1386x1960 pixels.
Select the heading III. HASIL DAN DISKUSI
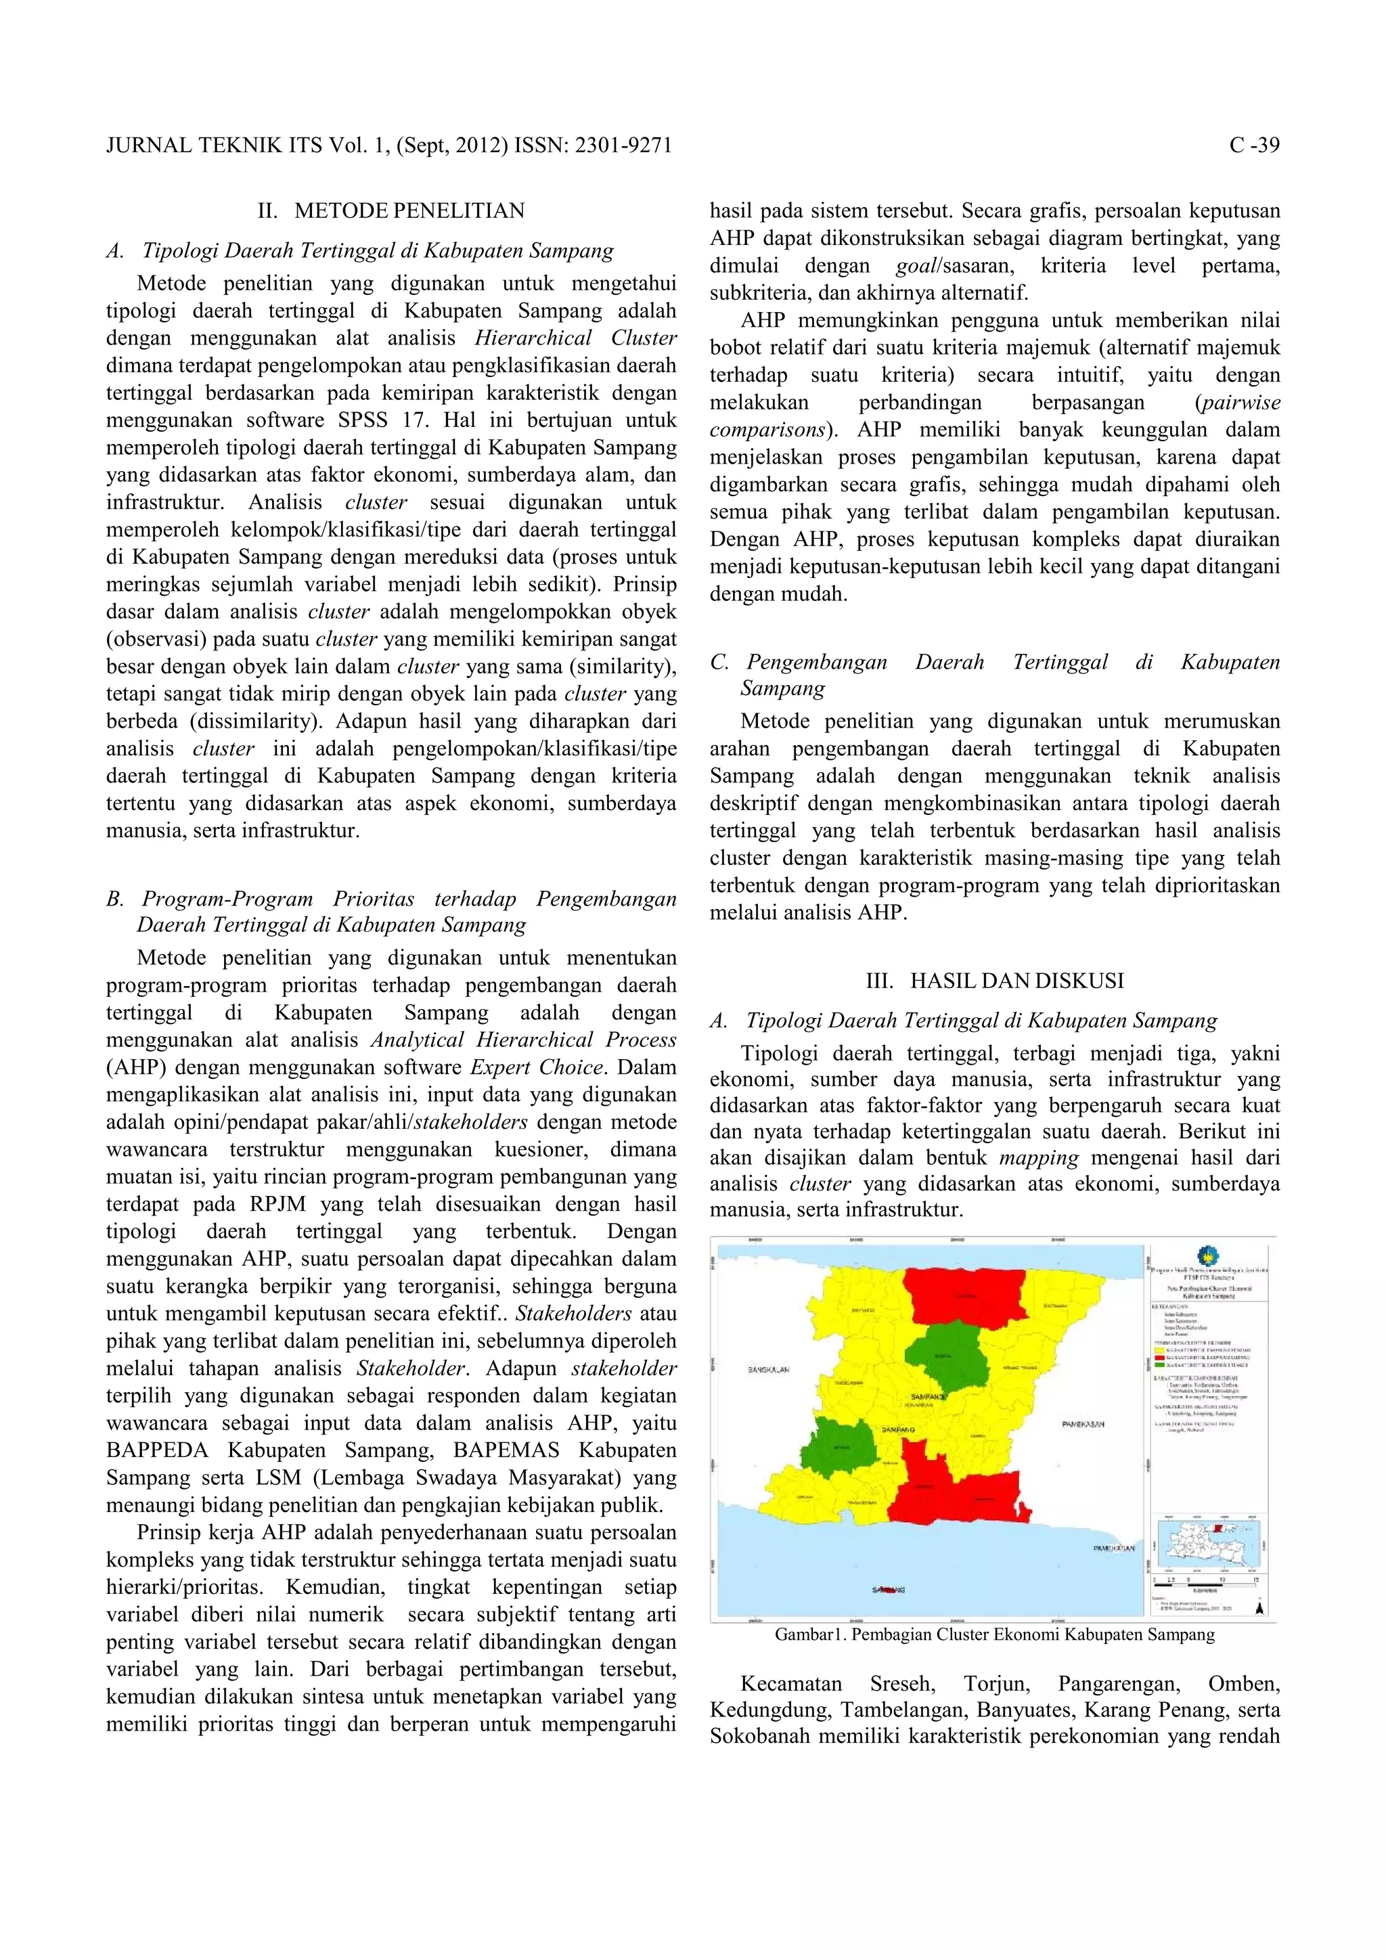[994, 980]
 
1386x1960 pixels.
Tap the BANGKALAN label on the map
[768, 1370]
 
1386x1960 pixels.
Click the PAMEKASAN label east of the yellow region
[1083, 1424]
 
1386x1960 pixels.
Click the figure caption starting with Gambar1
[994, 1634]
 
